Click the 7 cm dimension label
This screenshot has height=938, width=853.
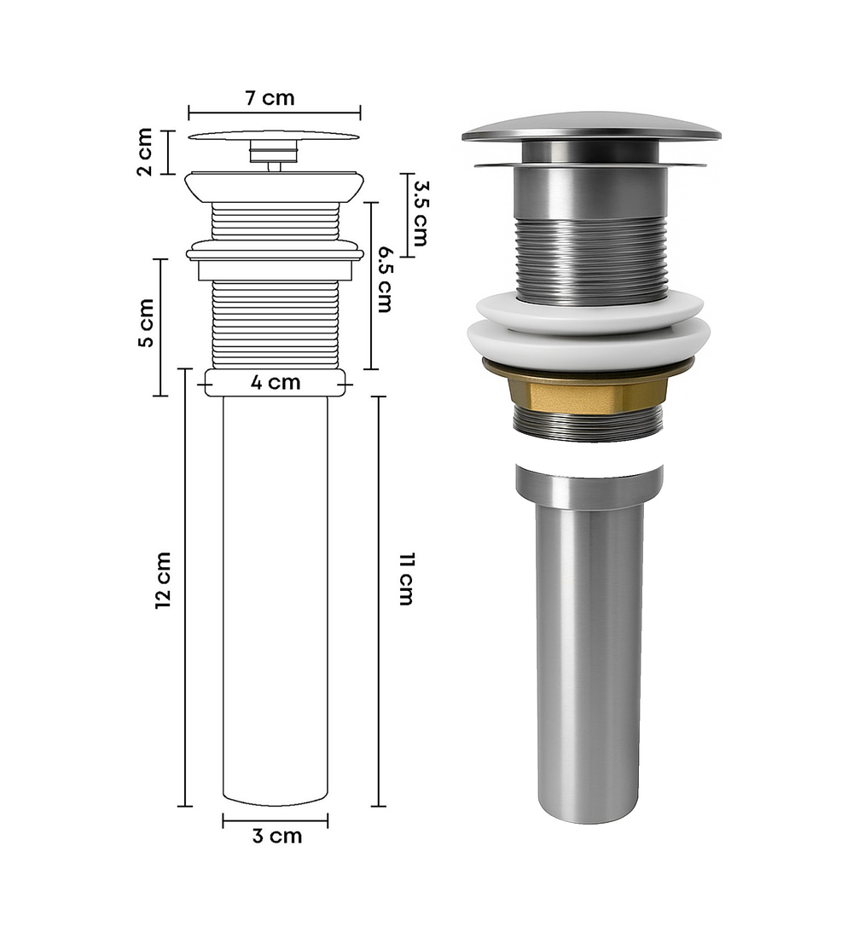point(270,97)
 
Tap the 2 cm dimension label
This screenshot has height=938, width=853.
point(145,152)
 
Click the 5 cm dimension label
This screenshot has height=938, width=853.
point(146,322)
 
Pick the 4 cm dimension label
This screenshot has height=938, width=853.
point(276,382)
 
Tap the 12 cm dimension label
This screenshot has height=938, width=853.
point(163,581)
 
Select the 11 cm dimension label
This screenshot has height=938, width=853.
point(406,580)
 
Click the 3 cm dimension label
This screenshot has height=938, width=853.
point(277,836)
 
